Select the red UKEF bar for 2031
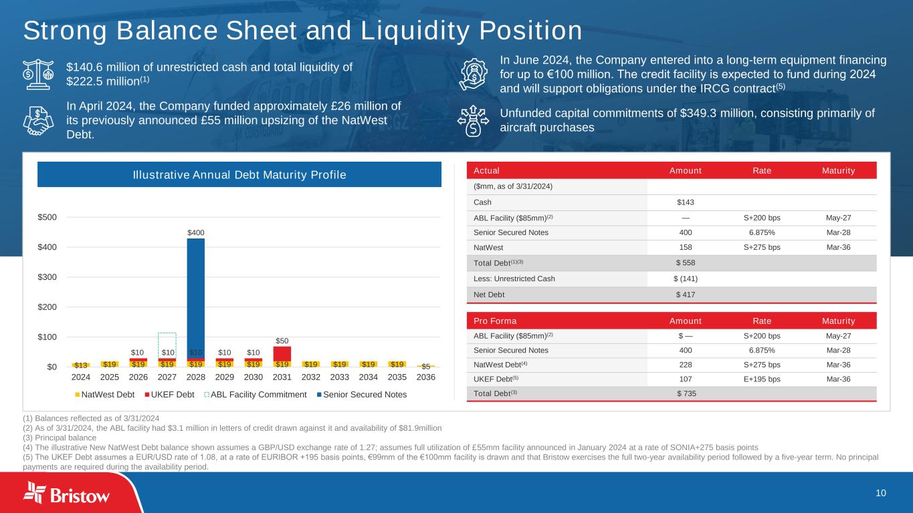(x=282, y=353)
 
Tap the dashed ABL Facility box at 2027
(x=167, y=344)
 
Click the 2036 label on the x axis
(x=425, y=377)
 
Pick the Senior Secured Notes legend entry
(x=363, y=394)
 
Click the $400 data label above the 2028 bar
(x=195, y=232)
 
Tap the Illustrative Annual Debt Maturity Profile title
(x=239, y=175)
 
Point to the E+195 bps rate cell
(x=761, y=379)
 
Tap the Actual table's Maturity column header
(x=839, y=170)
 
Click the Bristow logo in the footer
(x=67, y=494)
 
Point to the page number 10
(x=881, y=493)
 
